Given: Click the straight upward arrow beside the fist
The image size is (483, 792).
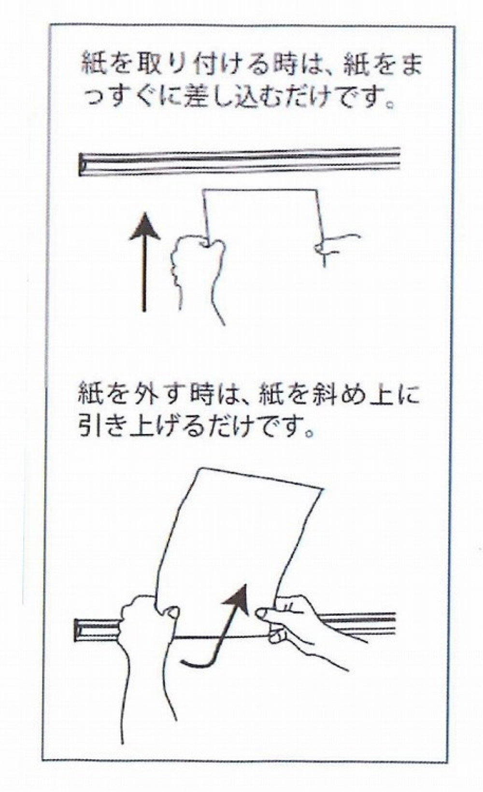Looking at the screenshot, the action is click(144, 262).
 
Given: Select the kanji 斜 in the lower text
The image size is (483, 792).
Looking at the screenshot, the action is click(328, 395).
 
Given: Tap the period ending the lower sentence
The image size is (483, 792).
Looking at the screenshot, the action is click(310, 433).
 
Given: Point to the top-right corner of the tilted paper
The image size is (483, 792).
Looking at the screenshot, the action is click(323, 489).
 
